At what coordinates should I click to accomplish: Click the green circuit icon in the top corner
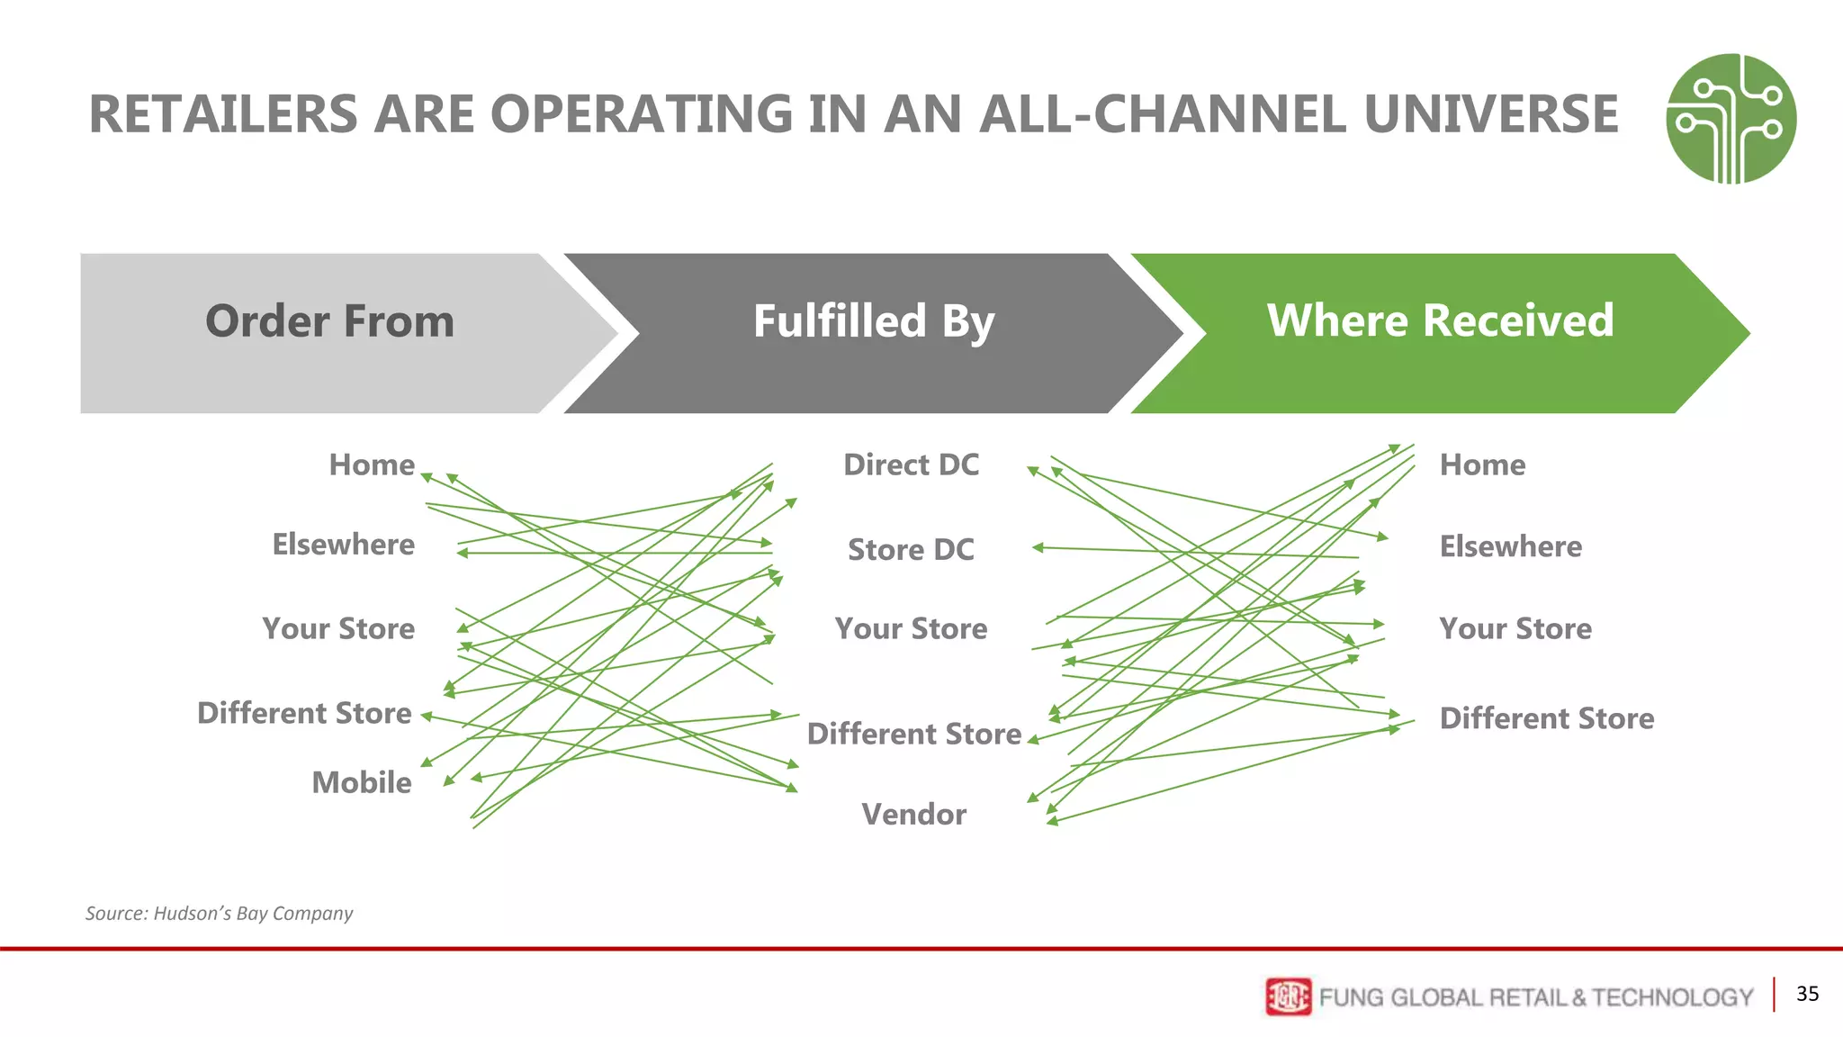1731,119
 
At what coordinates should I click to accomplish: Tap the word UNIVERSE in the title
1490,115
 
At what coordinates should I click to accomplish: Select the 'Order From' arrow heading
329,322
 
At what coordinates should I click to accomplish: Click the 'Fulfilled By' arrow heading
873,322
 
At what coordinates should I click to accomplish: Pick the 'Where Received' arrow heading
1440,321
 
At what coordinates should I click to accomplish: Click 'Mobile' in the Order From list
361,782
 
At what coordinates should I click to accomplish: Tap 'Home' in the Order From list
372,464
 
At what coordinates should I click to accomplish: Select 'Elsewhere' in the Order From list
343,545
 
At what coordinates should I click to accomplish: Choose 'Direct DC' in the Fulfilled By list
911,464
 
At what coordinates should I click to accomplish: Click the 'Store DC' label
911,549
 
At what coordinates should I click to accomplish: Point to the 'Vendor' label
913,814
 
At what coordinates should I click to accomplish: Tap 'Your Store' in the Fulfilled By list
911,628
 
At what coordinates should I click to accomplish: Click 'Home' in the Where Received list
1482,464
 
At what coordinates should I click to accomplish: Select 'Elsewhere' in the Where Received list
1510,546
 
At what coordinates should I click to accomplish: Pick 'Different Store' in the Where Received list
1546,718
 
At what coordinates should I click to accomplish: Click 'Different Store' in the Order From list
304,713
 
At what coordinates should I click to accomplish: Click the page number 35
1807,994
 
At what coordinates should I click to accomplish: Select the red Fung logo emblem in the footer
1288,996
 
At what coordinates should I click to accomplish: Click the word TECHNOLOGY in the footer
1672,997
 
